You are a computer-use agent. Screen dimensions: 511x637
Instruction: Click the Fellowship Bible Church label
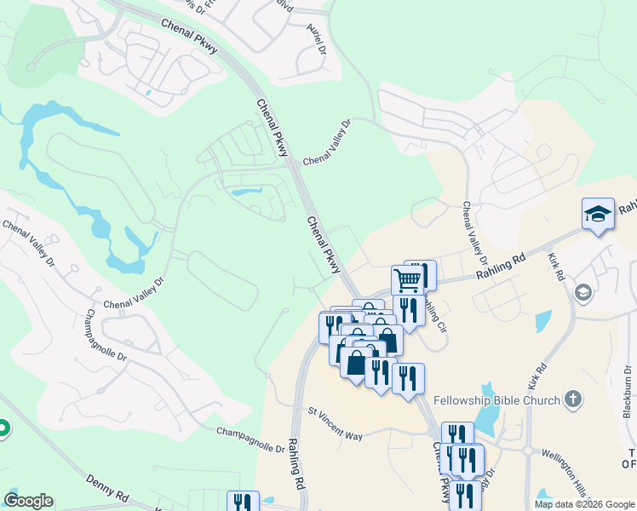coord(496,400)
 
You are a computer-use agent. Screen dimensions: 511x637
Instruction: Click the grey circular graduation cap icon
coord(583,293)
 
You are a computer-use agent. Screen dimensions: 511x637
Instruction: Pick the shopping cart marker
coord(408,278)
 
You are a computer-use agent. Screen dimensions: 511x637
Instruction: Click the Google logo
coord(29,501)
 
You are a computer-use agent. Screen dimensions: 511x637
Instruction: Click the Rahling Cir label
coord(434,315)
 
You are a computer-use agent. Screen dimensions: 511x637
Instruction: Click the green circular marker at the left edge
coord(3,428)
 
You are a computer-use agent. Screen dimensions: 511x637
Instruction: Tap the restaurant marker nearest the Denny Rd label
coord(243,502)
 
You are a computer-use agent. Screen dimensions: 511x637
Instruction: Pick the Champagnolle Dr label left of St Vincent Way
coord(250,440)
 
